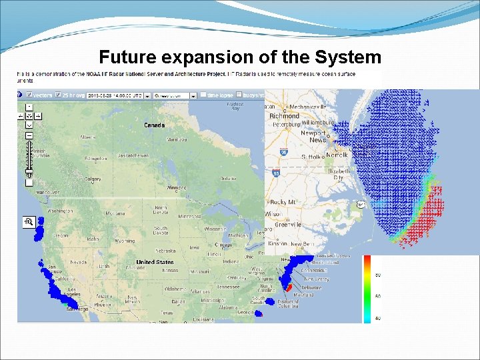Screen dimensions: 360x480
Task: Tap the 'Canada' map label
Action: click(x=155, y=125)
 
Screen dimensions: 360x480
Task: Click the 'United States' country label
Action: click(x=155, y=262)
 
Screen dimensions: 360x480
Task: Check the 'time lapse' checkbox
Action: click(x=203, y=95)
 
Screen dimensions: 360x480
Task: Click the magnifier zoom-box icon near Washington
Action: click(x=29, y=221)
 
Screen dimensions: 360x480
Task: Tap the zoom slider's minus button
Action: click(x=29, y=135)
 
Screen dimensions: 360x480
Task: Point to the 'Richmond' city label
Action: click(x=284, y=115)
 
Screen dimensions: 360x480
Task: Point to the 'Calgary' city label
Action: click(x=93, y=179)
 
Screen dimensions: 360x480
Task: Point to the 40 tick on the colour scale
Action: click(x=378, y=318)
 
